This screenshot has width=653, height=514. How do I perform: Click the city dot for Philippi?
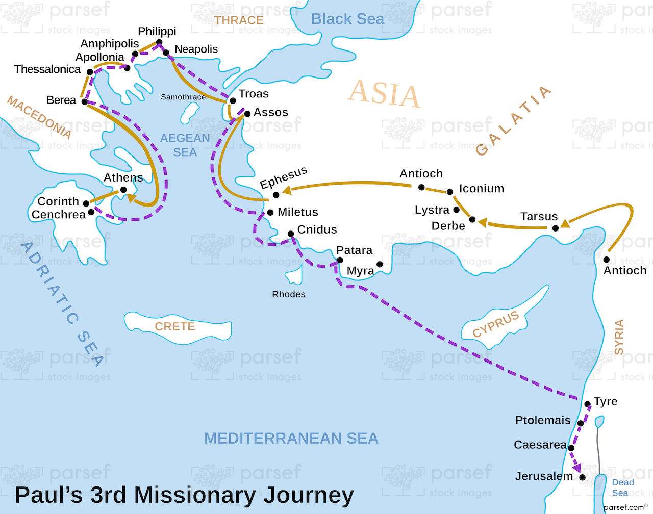[159, 42]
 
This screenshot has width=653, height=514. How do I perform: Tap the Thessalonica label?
[47, 69]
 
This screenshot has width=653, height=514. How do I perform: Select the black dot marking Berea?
[85, 101]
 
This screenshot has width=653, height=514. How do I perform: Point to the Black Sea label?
[347, 19]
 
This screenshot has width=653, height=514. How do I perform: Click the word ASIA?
[384, 94]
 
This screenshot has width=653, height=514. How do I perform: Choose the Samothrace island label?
[183, 97]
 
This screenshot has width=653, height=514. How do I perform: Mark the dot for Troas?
[233, 101]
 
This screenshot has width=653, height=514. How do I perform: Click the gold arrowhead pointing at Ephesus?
[286, 190]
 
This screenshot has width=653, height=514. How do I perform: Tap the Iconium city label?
[481, 189]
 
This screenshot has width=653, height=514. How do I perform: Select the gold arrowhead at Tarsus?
[565, 223]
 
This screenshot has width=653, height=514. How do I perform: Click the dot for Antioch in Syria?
[607, 260]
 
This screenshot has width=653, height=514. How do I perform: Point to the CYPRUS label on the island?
[495, 324]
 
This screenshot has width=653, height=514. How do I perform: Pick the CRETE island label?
[175, 326]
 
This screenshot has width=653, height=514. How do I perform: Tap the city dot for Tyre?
[588, 404]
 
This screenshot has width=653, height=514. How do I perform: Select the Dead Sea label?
[622, 487]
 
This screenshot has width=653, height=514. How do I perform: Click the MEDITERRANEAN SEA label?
[291, 438]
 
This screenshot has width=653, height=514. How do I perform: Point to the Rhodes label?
[289, 294]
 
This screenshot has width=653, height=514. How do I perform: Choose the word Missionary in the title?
[219, 495]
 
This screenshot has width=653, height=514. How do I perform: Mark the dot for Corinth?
[86, 203]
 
